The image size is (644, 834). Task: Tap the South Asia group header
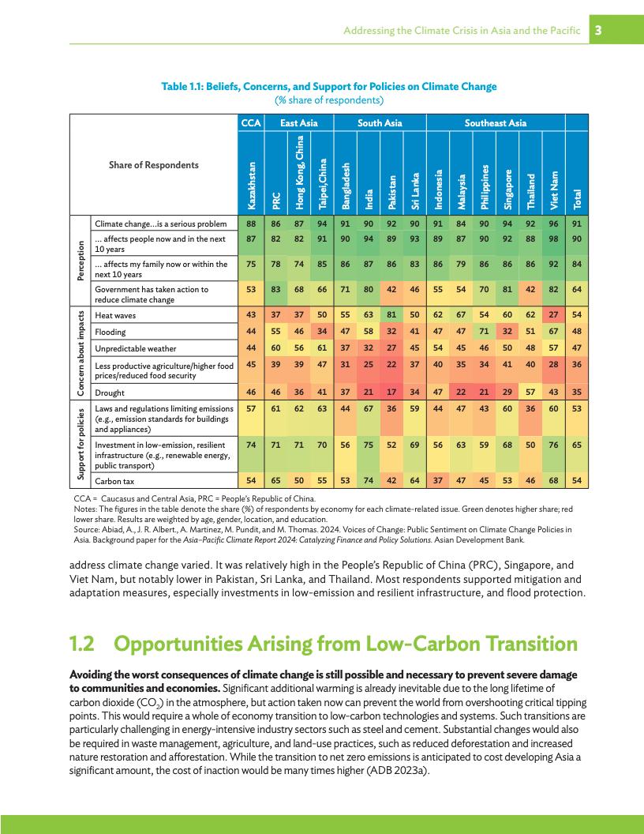click(x=380, y=123)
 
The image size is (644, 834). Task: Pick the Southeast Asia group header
click(x=495, y=123)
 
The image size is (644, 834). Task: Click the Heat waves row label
click(x=115, y=314)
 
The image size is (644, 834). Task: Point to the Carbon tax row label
click(x=114, y=480)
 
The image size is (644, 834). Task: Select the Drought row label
click(x=110, y=392)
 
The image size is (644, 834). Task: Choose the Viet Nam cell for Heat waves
click(x=554, y=314)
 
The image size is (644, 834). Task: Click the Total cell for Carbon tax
click(x=577, y=480)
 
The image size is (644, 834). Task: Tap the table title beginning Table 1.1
click(x=329, y=87)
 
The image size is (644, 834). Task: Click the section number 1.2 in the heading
click(x=83, y=644)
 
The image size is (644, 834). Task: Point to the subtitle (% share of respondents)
click(x=329, y=100)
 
